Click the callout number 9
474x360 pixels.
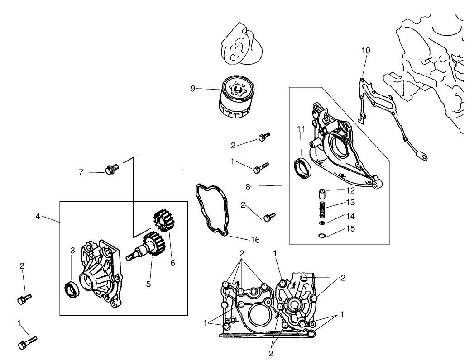[x=193, y=88]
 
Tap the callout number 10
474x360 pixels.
[x=365, y=51]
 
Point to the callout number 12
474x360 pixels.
[x=351, y=191]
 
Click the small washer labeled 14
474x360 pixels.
[x=322, y=224]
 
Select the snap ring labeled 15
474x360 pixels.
[x=322, y=235]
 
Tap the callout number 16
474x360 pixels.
[x=255, y=240]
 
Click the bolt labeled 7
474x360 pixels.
[x=110, y=169]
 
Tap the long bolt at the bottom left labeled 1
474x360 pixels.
[x=27, y=342]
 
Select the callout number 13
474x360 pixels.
[x=351, y=202]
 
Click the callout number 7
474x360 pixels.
[x=81, y=172]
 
